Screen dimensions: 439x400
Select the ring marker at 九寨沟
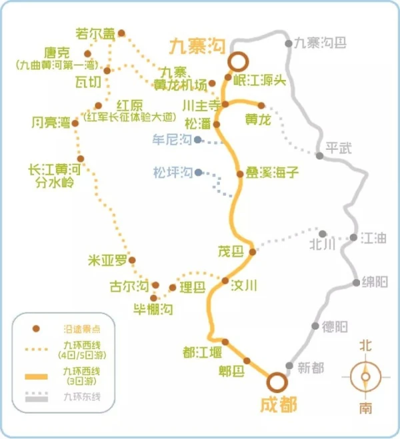pyautogui.click(x=237, y=62)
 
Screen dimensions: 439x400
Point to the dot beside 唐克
pyautogui.click(x=87, y=54)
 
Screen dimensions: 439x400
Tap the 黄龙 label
pyautogui.click(x=257, y=120)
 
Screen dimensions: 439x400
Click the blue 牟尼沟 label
pyautogui.click(x=173, y=141)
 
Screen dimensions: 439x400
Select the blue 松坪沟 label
pyautogui.click(x=173, y=172)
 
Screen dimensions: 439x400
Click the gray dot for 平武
pyautogui.click(x=320, y=156)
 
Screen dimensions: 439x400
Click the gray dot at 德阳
pyautogui.click(x=316, y=326)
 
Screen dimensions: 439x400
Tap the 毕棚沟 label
pyautogui.click(x=153, y=310)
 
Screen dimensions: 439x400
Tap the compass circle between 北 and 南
pyautogui.click(x=365, y=376)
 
